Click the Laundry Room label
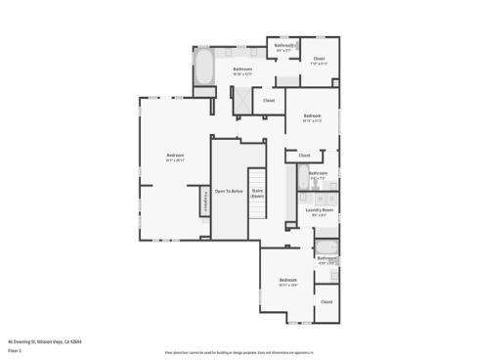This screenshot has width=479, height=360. pos(321,210)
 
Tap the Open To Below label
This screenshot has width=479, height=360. pos(228,191)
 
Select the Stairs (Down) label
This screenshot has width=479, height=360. pos(258,194)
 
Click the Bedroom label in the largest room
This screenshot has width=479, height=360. pos(175,157)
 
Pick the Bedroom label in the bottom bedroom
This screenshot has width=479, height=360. pos(287,281)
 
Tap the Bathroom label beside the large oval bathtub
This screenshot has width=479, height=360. pos(241,69)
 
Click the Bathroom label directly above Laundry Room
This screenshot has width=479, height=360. pos(319,174)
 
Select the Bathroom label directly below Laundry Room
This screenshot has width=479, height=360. pos(327,259)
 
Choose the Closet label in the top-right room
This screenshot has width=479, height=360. pos(319,60)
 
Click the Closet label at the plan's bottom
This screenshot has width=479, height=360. pos(326,302)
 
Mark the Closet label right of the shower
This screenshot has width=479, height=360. pos(269,100)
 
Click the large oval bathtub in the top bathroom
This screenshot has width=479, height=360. pos(204,68)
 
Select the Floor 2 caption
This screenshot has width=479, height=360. pos(14,347)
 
